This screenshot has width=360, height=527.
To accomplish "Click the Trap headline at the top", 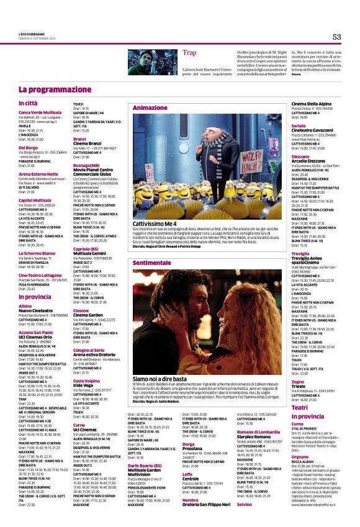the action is click(x=190, y=53).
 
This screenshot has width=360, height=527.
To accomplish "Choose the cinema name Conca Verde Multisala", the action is click(x=40, y=112).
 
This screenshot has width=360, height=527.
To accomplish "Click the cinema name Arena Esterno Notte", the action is click(x=38, y=174).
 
